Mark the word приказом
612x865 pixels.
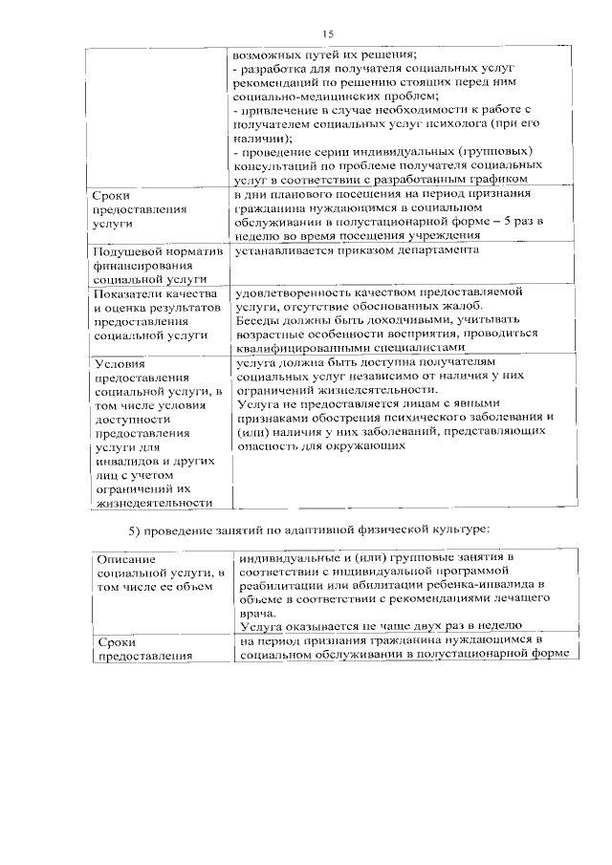tap(359, 250)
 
